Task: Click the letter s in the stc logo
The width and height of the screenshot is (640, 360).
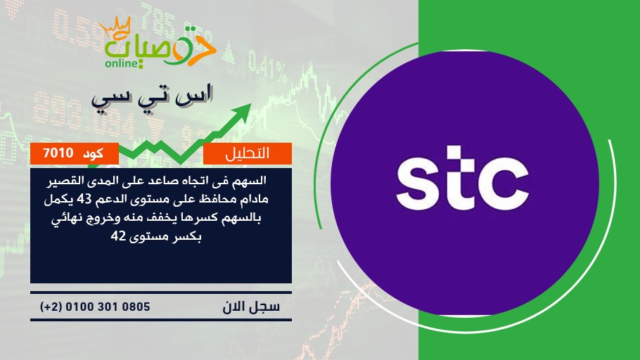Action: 418,184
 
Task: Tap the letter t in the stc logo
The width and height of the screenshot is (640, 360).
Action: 459,177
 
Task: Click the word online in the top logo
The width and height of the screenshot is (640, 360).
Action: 122,63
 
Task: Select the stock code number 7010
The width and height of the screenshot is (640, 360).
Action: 58,153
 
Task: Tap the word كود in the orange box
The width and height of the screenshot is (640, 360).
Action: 93,153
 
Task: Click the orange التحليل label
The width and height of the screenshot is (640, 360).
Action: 248,153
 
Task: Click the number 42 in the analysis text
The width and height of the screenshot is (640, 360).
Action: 118,236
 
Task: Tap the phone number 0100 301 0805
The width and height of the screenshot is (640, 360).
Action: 108,307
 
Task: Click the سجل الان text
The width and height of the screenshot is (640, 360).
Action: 251,307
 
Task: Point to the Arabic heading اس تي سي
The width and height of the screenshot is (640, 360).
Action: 152,98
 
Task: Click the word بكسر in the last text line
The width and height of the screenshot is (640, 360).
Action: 187,237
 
